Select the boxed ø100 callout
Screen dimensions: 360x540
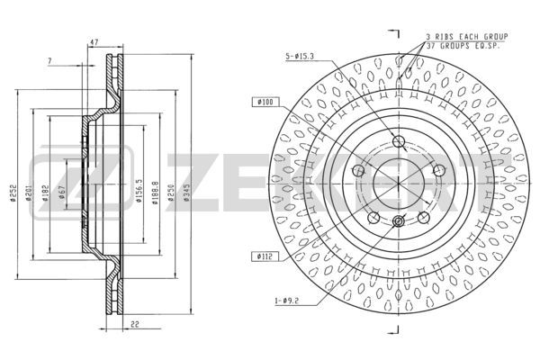pyautogui.click(x=267, y=103)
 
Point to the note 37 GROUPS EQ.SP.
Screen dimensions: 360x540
pyautogui.click(x=467, y=46)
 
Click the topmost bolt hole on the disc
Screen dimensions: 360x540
pyautogui.click(x=399, y=140)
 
